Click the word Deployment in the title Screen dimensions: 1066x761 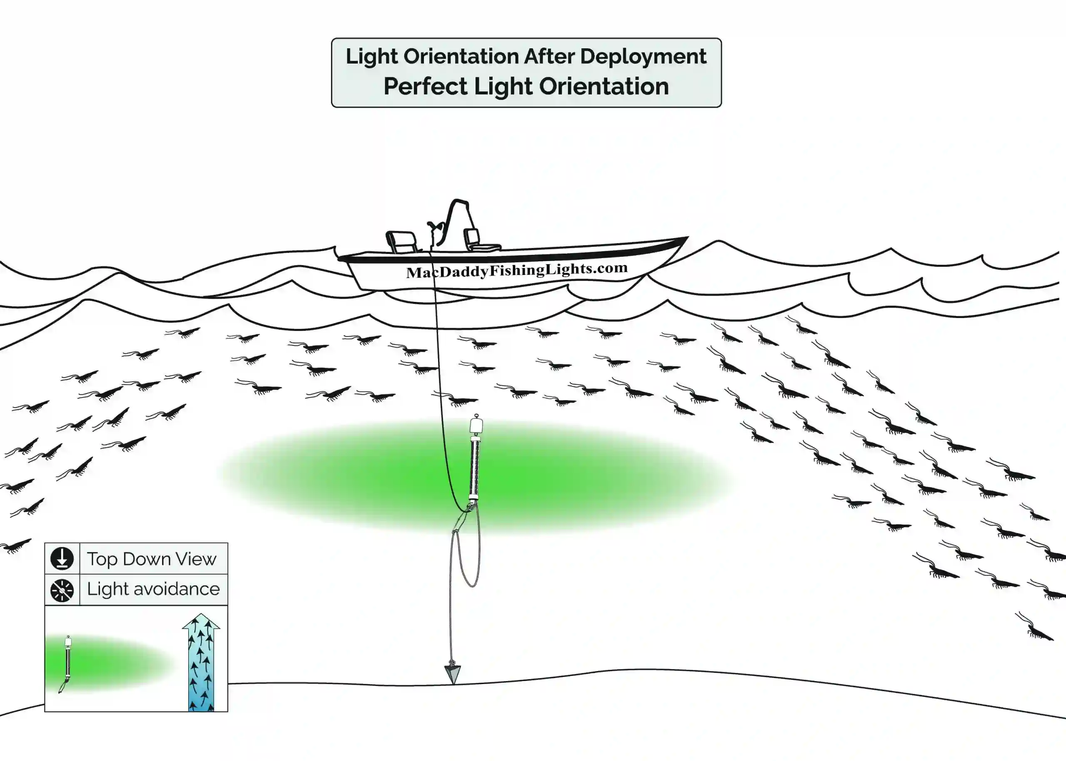(x=643, y=57)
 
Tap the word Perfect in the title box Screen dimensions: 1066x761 (x=426, y=87)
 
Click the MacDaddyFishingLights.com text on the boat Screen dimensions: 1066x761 (x=516, y=270)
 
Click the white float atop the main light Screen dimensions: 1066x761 (x=476, y=425)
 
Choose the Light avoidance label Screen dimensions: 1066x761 (x=153, y=589)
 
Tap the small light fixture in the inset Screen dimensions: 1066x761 (x=67, y=662)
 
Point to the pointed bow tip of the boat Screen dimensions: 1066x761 (x=687, y=238)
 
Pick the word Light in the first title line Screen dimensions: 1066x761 (x=371, y=57)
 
